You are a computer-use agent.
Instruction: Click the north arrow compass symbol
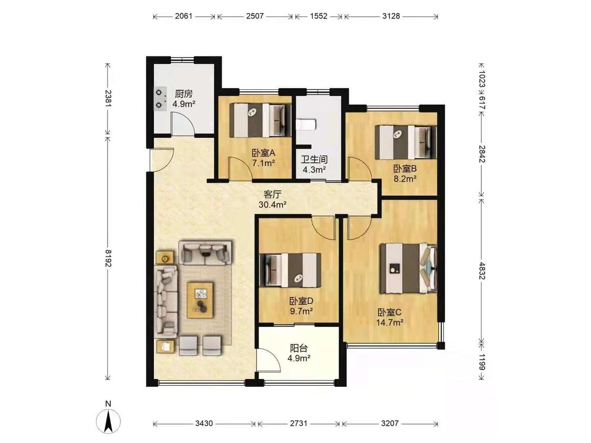[108, 420]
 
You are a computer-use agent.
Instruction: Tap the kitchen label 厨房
[183, 94]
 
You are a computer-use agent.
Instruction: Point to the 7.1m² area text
[263, 163]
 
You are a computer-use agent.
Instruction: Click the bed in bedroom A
[261, 120]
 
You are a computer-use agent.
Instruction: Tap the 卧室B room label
[405, 168]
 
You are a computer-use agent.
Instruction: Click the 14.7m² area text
[390, 322]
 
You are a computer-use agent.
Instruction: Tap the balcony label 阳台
[298, 348]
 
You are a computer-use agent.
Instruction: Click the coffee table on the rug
[201, 300]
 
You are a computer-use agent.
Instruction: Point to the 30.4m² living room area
[273, 205]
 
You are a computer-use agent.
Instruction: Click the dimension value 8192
[108, 258]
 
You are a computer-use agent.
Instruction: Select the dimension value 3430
[204, 424]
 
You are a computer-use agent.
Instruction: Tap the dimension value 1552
[318, 16]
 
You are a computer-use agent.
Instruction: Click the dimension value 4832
[481, 270]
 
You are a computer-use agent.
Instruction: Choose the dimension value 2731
[298, 424]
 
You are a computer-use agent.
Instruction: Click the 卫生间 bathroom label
[314, 160]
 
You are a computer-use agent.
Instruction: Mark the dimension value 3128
[391, 16]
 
